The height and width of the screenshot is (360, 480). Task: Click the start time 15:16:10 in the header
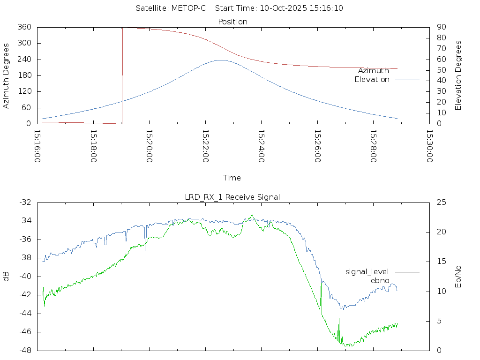coord(327,8)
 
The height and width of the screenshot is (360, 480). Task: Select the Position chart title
coord(233,22)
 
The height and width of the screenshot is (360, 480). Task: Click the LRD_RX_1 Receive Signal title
coord(232,197)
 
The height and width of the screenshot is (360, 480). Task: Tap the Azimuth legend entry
coord(374,71)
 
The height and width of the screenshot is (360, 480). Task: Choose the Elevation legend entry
coord(372,80)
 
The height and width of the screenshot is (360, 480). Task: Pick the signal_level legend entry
coord(367,272)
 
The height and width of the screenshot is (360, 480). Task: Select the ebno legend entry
coord(380,281)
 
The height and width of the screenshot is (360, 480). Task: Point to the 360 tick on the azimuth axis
coord(24,27)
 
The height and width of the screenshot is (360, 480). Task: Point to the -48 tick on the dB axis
coord(25,350)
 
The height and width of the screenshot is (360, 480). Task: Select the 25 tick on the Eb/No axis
coord(441,202)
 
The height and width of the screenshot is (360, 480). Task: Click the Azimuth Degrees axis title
coord(6,75)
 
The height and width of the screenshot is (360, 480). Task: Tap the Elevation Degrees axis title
coord(458,75)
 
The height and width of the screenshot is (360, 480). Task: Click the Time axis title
coord(232,178)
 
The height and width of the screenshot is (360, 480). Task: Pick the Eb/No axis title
coord(458,276)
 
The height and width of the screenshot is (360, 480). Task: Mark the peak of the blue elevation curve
coord(221,60)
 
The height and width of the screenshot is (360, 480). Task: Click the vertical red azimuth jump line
coord(122,75)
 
